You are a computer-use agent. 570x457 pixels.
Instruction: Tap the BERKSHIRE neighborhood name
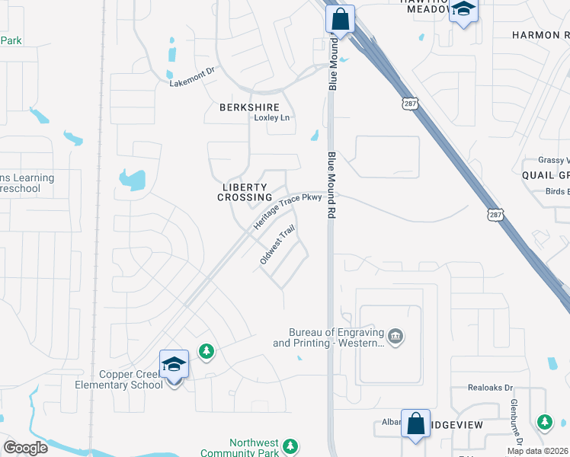point(249,107)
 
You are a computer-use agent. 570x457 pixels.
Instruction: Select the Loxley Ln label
point(272,118)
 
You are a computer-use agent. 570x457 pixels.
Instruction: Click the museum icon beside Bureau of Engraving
point(395,337)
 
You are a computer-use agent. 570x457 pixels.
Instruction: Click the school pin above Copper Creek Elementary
point(174,365)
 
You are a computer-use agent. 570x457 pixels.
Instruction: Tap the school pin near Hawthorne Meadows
point(463,11)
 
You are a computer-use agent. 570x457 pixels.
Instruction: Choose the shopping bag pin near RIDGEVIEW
point(416,424)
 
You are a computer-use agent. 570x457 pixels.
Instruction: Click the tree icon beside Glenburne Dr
point(544,421)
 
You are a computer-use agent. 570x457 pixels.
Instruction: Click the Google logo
point(25,448)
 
